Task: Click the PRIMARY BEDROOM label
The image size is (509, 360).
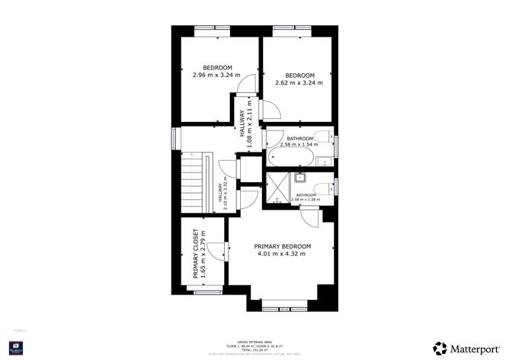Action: (283, 246)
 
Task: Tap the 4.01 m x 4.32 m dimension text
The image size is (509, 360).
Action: (283, 254)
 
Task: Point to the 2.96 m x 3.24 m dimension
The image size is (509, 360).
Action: (216, 75)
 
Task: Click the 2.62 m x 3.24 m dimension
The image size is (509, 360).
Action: (299, 82)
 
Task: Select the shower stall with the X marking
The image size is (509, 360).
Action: (275, 186)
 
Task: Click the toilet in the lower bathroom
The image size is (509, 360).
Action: (323, 188)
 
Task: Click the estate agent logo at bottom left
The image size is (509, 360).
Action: (14, 349)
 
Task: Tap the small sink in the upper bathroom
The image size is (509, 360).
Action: (324, 160)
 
